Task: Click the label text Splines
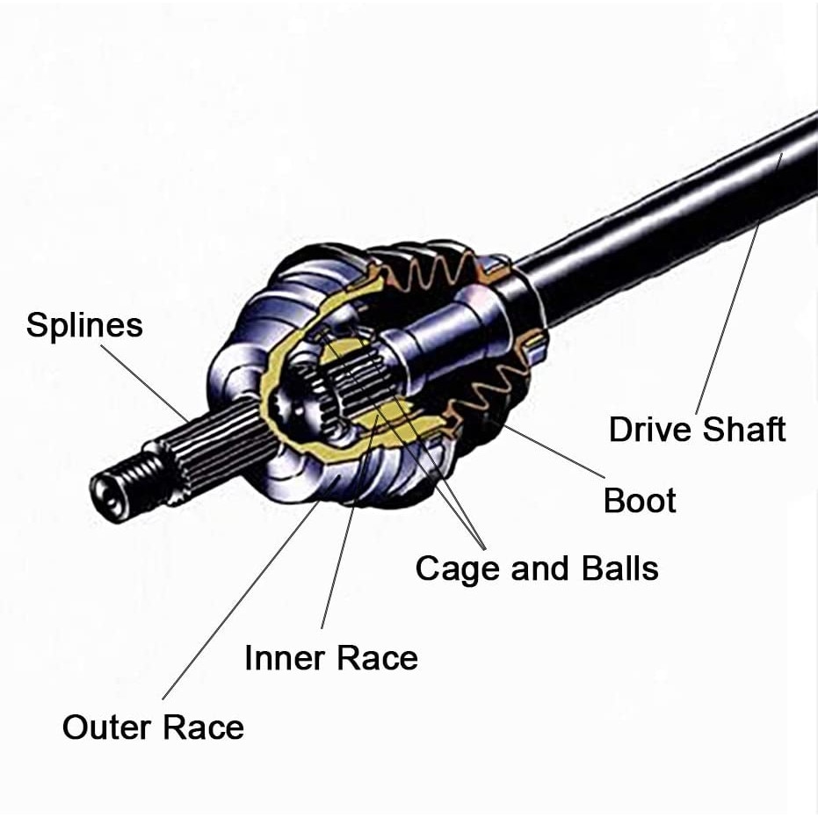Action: click(84, 325)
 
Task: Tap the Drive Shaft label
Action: click(697, 431)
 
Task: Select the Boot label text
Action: click(640, 501)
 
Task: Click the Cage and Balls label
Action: click(537, 568)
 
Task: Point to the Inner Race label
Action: click(330, 657)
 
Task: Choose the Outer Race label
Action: click(153, 728)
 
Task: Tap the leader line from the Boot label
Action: click(554, 452)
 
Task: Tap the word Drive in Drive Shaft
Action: click(650, 431)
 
